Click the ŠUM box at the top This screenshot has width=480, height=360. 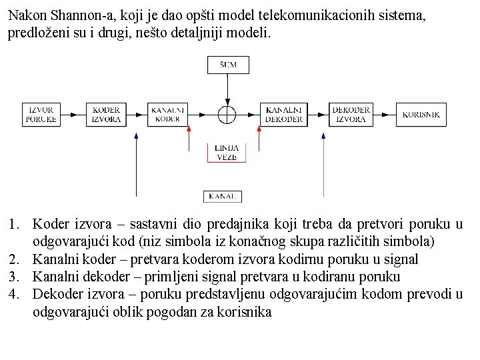tap(227, 65)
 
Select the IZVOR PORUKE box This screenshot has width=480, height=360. tap(41, 114)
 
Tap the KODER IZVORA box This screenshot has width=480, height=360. tap(106, 114)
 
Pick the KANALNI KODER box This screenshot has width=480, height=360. tap(167, 114)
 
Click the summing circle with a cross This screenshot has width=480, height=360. tap(227, 114)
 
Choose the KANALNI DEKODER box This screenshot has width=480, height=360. tap(285, 114)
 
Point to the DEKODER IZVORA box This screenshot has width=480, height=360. tap(351, 114)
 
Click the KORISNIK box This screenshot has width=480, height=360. tap(421, 114)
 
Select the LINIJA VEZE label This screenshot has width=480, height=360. tap(227, 153)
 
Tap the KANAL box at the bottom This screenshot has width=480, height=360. tap(222, 196)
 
